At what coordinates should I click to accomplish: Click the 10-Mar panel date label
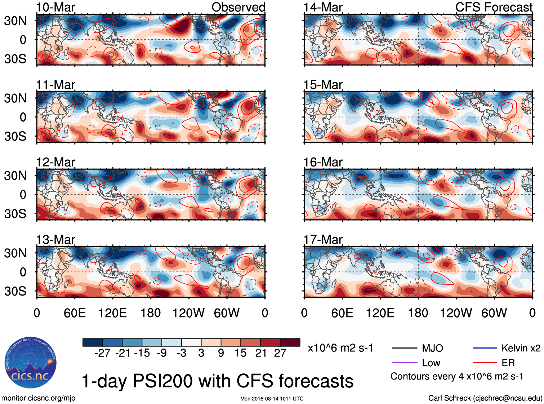tap(55, 7)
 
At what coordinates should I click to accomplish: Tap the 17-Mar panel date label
tap(323, 240)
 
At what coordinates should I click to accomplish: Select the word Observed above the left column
tap(238, 7)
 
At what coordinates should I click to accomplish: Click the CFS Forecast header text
tap(494, 7)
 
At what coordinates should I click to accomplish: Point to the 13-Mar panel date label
tap(55, 240)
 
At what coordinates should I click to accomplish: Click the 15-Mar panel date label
tap(323, 85)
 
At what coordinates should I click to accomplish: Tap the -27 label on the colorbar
tap(102, 353)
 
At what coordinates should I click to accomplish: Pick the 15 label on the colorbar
tap(240, 353)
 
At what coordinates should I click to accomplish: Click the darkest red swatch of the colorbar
tap(290, 342)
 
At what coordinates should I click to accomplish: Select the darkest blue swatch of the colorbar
tap(93, 342)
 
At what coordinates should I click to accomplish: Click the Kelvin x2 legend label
tap(521, 348)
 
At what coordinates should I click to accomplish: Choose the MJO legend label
tap(432, 348)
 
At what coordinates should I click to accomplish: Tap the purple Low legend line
tap(404, 363)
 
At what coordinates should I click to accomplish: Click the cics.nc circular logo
tap(31, 363)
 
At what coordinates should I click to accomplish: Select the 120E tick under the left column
tap(113, 313)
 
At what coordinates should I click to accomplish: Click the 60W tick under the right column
tap(494, 313)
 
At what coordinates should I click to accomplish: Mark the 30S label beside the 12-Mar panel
tap(15, 213)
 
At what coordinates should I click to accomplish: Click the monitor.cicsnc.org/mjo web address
tap(39, 398)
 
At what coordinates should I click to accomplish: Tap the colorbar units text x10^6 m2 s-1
tap(340, 348)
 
